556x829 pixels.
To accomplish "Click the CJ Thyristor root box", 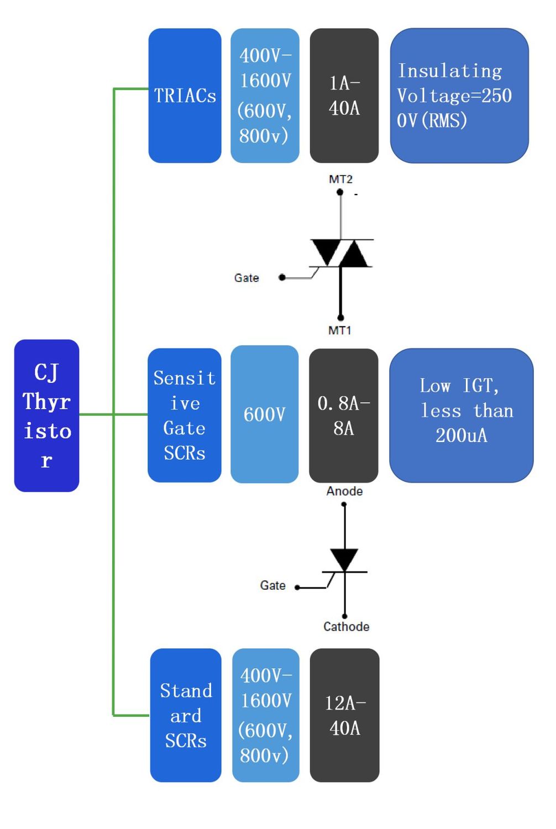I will click(46, 416).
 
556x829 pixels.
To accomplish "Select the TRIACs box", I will click(185, 96).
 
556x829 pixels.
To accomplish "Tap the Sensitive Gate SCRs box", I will click(184, 415).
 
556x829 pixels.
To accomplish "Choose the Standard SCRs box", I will click(186, 715).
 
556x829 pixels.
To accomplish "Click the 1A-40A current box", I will click(344, 96).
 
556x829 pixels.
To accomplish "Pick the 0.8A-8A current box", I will click(343, 415).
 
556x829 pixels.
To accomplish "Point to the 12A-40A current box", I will click(344, 715).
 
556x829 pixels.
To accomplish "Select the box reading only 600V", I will click(264, 414).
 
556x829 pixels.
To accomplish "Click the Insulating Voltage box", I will click(459, 96).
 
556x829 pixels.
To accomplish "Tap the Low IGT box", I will click(461, 415).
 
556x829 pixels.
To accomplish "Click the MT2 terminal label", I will click(340, 179).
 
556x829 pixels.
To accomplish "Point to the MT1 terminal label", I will click(339, 330).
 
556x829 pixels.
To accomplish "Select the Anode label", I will click(344, 491).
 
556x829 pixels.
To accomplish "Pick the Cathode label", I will click(346, 627).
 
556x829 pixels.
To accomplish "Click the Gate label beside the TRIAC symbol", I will click(246, 278).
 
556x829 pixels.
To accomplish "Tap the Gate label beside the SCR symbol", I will click(272, 586).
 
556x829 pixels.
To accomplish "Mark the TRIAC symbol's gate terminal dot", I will click(282, 277).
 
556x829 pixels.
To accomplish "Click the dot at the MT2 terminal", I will click(340, 192).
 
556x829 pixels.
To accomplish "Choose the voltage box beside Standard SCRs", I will click(265, 715).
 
